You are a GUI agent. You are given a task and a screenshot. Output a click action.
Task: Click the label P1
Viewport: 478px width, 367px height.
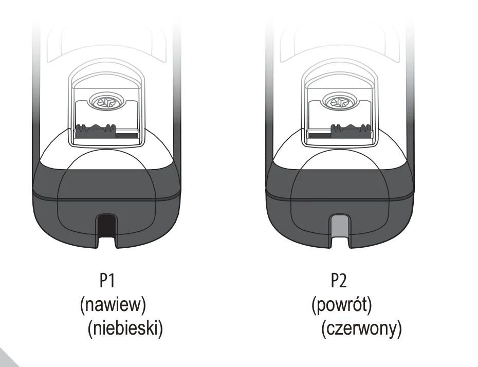(x=107, y=281)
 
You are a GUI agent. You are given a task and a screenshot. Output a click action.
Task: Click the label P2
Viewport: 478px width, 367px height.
(x=339, y=281)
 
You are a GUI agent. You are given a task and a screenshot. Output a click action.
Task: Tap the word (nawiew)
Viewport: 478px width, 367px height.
(x=113, y=304)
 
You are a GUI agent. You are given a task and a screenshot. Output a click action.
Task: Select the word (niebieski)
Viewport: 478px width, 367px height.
(x=125, y=328)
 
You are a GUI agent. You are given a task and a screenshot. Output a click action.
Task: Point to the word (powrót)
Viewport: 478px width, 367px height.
(x=342, y=304)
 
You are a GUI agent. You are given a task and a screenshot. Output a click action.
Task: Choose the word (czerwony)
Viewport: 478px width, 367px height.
(x=361, y=328)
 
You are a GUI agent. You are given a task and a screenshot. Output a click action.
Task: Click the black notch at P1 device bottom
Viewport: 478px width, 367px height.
(x=107, y=226)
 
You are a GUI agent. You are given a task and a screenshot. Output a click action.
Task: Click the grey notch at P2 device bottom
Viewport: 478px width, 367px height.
(x=340, y=226)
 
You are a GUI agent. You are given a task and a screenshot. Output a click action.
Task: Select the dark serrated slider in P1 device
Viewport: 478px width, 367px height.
(x=96, y=131)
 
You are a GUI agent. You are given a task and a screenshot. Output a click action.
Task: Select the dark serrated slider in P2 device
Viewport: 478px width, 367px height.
(x=352, y=131)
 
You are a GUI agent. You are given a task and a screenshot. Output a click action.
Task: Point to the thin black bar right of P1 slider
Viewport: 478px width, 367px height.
(x=127, y=134)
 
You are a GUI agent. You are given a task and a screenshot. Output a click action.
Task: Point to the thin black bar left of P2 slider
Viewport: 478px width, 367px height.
(x=320, y=134)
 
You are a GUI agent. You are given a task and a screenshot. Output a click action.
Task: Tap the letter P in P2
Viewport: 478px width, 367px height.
(x=335, y=281)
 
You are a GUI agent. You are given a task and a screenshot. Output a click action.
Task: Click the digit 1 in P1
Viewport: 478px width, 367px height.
(x=112, y=281)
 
